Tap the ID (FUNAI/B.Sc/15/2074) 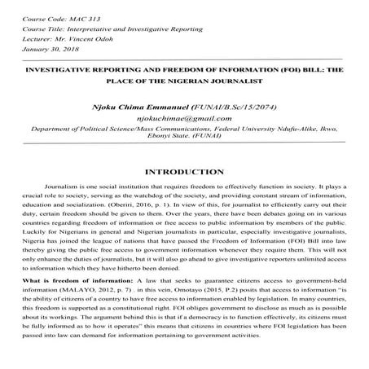221,106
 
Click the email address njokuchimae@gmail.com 183,119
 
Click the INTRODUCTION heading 184,173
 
